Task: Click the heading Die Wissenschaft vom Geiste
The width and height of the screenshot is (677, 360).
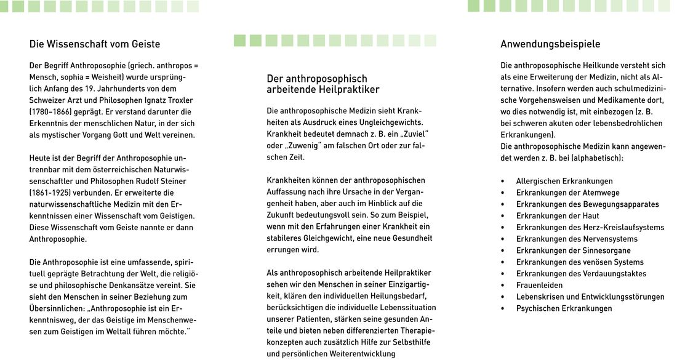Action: (95, 44)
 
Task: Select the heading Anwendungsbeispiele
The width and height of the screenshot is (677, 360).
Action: (550, 44)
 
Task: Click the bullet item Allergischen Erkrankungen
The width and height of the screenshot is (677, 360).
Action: (564, 181)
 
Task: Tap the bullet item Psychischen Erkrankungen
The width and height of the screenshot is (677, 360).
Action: (564, 308)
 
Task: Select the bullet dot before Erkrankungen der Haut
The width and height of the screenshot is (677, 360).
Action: (503, 216)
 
